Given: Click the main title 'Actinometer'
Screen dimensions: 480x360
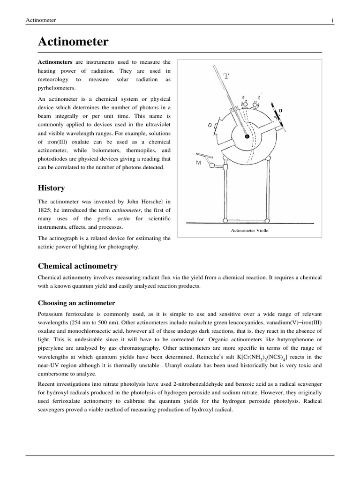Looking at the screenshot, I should tap(73, 42).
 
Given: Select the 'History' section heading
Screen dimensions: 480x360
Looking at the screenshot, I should tap(51, 188).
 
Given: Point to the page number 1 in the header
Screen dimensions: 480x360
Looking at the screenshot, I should tap(332, 20).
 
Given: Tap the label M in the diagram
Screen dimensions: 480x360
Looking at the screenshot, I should tap(199, 163).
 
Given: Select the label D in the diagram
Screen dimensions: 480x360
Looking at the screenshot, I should tap(280, 111).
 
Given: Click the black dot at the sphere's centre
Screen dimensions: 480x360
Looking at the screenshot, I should tap(247, 137).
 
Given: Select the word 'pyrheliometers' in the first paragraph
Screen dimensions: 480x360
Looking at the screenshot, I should tap(56, 88).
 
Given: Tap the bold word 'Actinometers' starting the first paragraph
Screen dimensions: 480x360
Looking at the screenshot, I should tap(55, 62).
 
